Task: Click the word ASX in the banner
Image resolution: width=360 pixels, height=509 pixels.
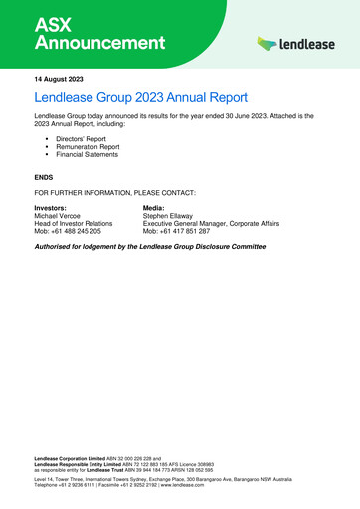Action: [55, 22]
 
